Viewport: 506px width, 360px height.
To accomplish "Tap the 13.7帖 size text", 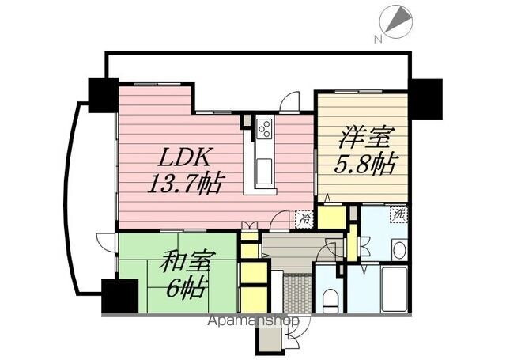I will [185, 185].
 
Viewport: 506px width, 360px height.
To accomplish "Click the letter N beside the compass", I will [379, 37].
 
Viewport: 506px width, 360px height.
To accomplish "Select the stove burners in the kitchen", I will [264, 127].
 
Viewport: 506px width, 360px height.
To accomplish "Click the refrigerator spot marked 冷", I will [304, 219].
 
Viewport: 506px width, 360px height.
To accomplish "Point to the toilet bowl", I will [328, 300].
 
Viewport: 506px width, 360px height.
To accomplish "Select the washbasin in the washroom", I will [398, 251].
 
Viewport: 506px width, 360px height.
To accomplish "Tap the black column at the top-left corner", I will [103, 94].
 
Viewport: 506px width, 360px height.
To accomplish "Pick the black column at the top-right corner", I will [428, 98].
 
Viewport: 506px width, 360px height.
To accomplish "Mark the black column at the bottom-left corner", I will [119, 297].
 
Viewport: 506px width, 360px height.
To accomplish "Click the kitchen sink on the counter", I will [263, 169].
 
